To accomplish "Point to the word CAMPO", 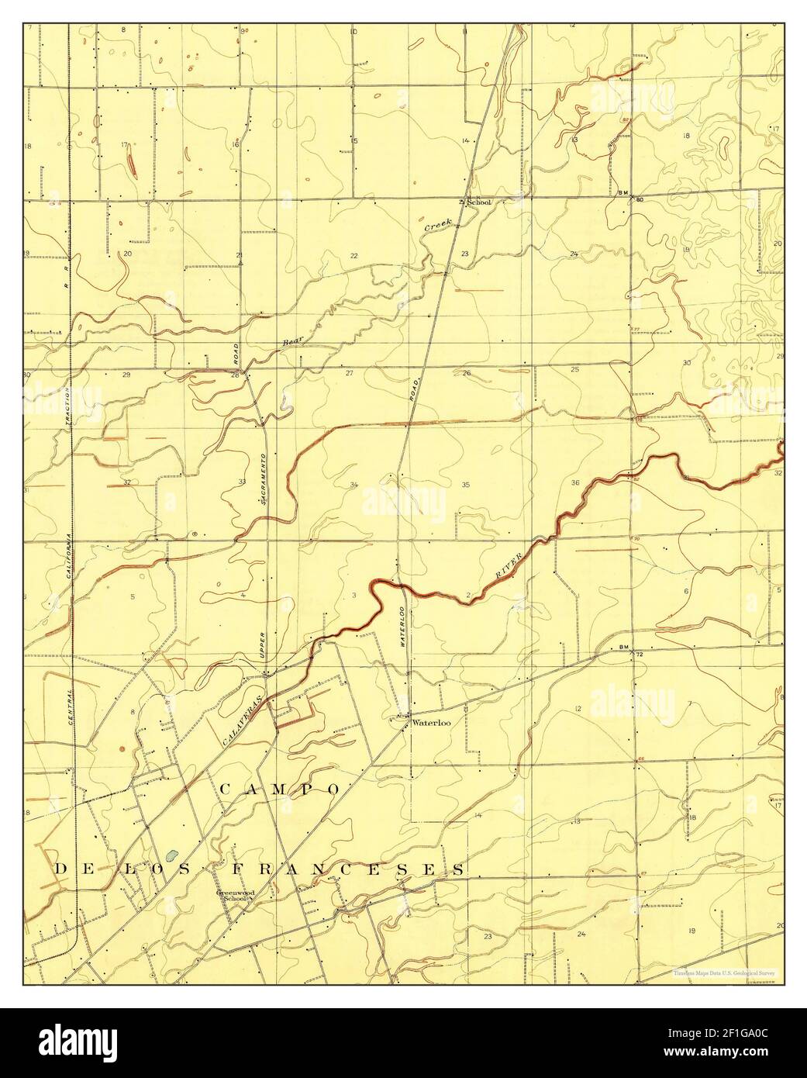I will coord(280,789).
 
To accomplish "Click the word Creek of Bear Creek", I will coord(438,226).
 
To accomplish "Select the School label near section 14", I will coord(478,202).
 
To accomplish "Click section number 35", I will coord(466,485).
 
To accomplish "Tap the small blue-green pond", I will coord(171,860).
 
